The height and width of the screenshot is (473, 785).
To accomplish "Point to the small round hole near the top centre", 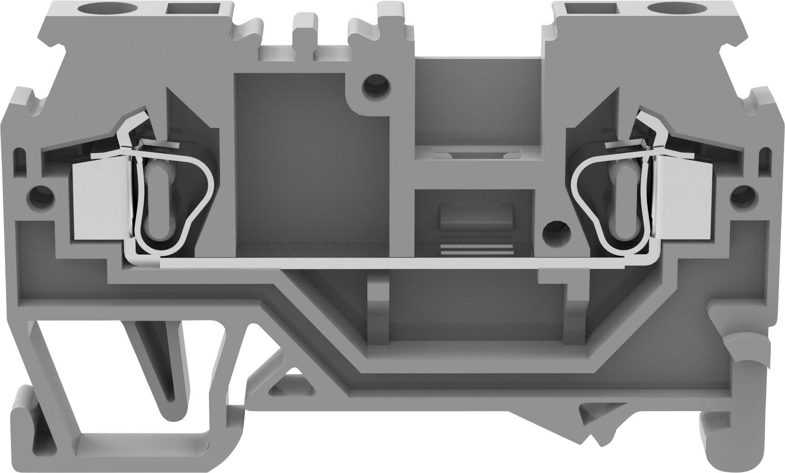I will click(x=376, y=84).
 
